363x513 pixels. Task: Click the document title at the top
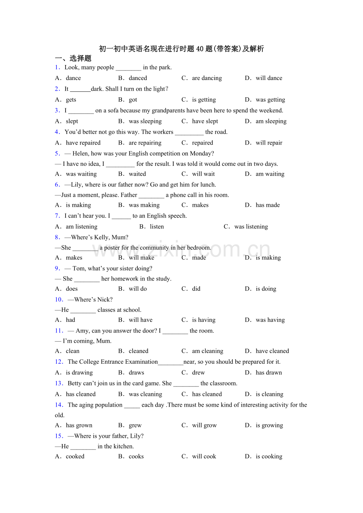pyautogui.click(x=181, y=49)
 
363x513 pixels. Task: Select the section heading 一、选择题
pyautogui.click(x=73, y=58)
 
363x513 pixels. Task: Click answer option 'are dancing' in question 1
pyautogui.click(x=207, y=78)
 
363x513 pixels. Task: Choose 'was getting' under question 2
pyautogui.click(x=270, y=100)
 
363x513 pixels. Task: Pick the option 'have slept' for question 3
pyautogui.click(x=205, y=121)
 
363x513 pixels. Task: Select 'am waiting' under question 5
pyautogui.click(x=270, y=174)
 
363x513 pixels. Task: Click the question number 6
pyautogui.click(x=58, y=184)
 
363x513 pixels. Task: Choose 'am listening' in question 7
pyautogui.click(x=81, y=227)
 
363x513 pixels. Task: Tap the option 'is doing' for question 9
pyautogui.click(x=266, y=289)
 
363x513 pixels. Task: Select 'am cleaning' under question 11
pyautogui.click(x=208, y=351)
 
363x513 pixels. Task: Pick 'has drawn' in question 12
pyautogui.click(x=269, y=373)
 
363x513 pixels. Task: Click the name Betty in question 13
pyautogui.click(x=75, y=383)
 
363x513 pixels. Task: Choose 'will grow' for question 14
pyautogui.click(x=204, y=426)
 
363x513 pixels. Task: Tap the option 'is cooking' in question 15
pyautogui.click(x=269, y=457)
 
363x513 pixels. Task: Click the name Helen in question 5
pyautogui.click(x=80, y=154)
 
